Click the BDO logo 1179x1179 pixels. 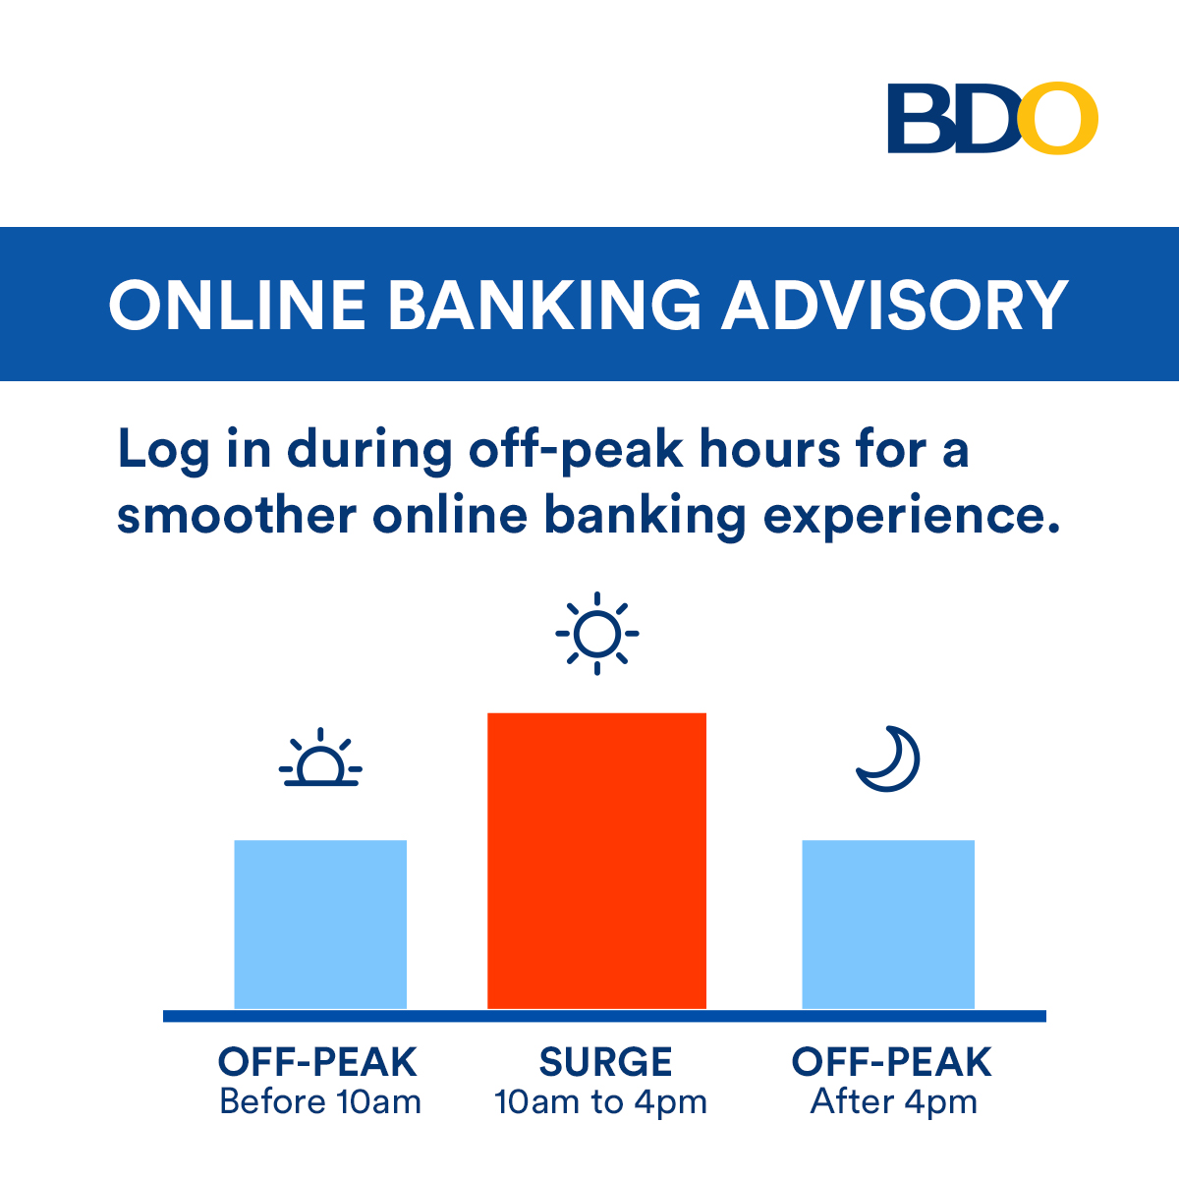point(992,118)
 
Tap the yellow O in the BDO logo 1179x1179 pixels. point(1058,118)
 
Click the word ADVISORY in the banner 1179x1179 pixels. point(896,306)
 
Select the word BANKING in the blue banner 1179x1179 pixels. point(544,306)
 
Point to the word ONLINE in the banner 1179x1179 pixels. point(238,306)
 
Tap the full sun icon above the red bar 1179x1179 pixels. point(597,634)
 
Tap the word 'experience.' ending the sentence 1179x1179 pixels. point(912,517)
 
